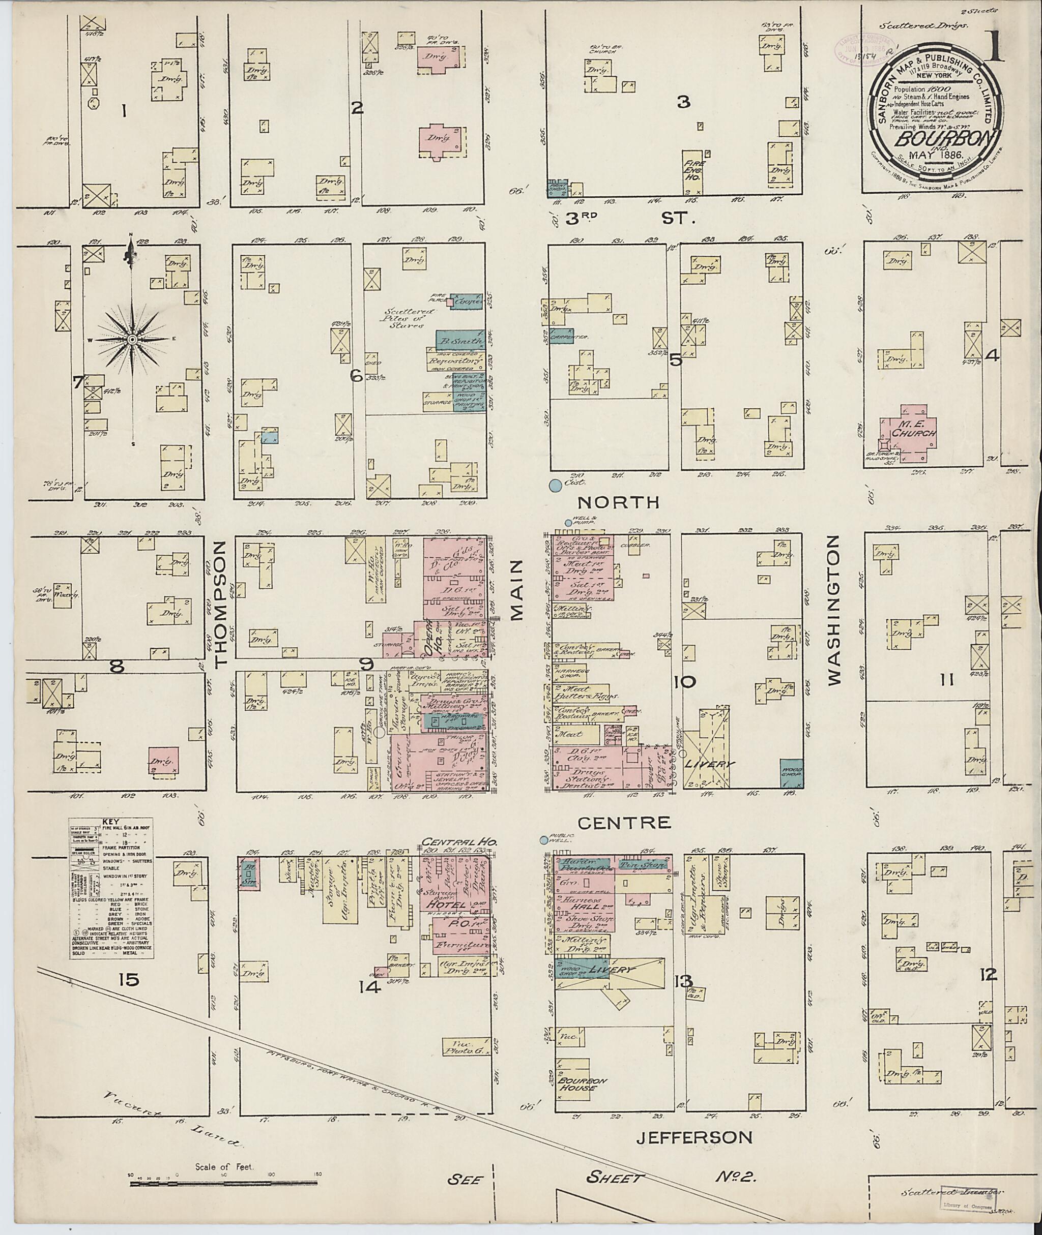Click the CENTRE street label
click(x=624, y=822)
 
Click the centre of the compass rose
click(x=132, y=341)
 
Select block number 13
click(x=683, y=982)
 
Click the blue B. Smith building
click(x=461, y=341)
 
